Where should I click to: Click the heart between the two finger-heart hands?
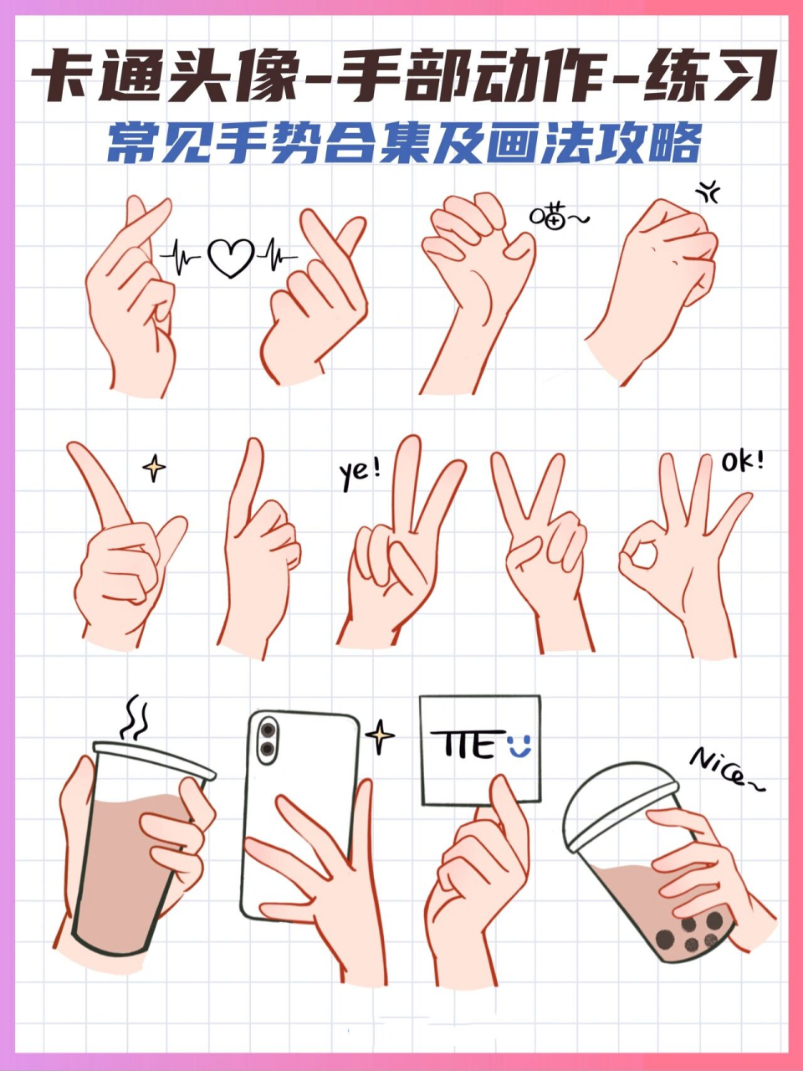click(231, 257)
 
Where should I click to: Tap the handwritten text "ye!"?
click(360, 473)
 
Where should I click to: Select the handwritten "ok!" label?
click(741, 461)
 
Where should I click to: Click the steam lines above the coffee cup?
click(135, 718)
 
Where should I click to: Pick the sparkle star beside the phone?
click(381, 736)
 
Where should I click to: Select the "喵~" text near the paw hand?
click(559, 218)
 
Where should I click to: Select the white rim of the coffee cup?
click(155, 758)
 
